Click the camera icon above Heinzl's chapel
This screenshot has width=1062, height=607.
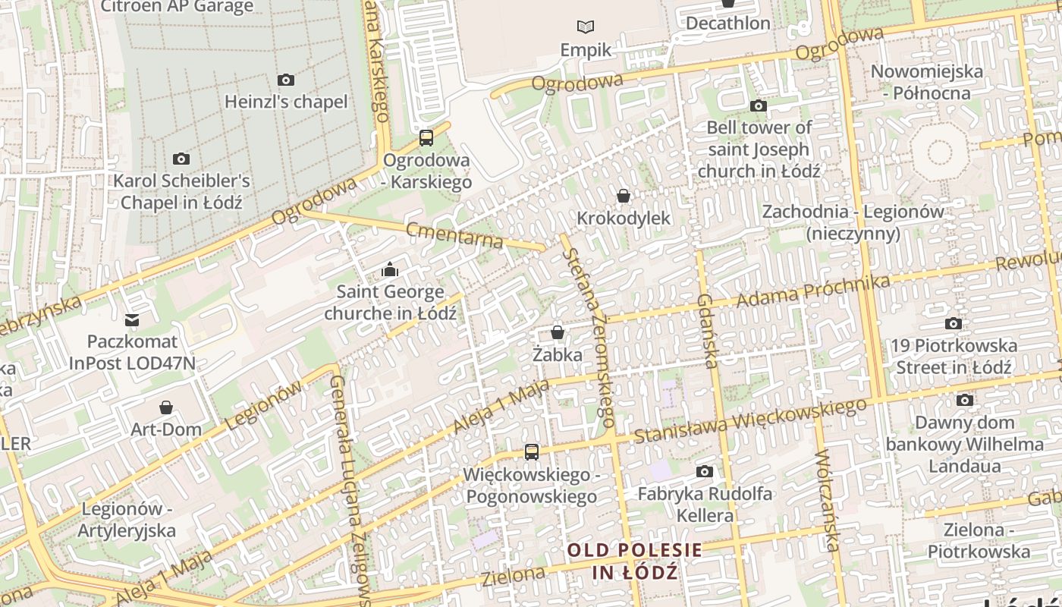pyautogui.click(x=286, y=80)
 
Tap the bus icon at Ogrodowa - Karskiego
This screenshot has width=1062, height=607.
pyautogui.click(x=426, y=138)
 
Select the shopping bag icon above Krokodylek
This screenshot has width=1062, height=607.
pyautogui.click(x=624, y=197)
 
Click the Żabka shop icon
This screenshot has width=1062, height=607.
pyautogui.click(x=558, y=333)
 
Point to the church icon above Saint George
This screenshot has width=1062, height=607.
pyautogui.click(x=390, y=269)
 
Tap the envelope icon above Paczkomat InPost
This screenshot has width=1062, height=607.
pyautogui.click(x=133, y=320)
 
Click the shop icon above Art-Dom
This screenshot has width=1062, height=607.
pyautogui.click(x=166, y=407)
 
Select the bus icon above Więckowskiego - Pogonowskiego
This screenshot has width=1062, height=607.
pyautogui.click(x=532, y=452)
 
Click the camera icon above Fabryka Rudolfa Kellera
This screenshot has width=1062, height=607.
pyautogui.click(x=705, y=472)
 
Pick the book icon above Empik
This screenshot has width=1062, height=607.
pyautogui.click(x=586, y=27)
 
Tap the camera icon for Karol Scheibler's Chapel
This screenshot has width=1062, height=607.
pyautogui.click(x=181, y=159)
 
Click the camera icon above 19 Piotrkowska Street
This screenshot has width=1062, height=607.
pyautogui.click(x=954, y=324)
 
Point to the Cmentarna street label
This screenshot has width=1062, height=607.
pyautogui.click(x=454, y=235)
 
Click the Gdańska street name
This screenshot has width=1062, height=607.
pyautogui.click(x=706, y=331)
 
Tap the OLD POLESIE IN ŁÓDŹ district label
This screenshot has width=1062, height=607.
pyautogui.click(x=635, y=561)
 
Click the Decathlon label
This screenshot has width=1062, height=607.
pyautogui.click(x=727, y=24)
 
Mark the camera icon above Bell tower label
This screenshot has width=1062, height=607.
pyautogui.click(x=759, y=106)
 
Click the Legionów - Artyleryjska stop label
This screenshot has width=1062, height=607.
pyautogui.click(x=127, y=520)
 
